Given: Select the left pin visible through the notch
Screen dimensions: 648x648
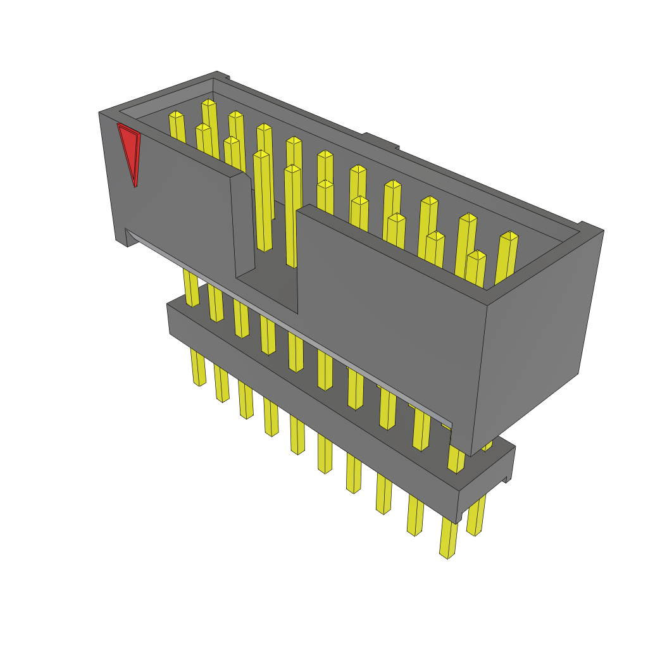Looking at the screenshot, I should coord(263,202).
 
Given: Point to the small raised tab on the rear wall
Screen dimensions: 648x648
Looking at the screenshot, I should coord(380,140).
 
